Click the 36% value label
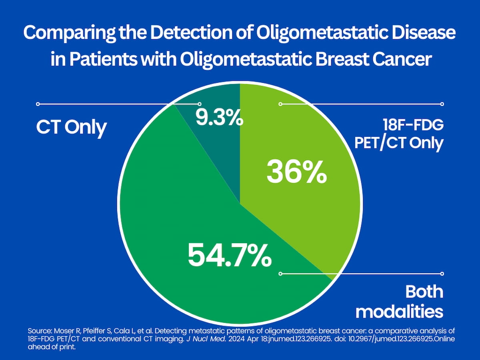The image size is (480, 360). pos(296,172)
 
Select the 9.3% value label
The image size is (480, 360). pos(219,118)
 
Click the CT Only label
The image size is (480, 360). pos(72,128)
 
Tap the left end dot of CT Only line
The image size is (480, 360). pos(38,104)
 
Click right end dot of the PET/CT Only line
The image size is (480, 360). pos(442,104)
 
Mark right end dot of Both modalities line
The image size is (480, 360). pos(442,274)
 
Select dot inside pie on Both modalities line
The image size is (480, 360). pos(280,274)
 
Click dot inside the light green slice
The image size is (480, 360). pos(280,104)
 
